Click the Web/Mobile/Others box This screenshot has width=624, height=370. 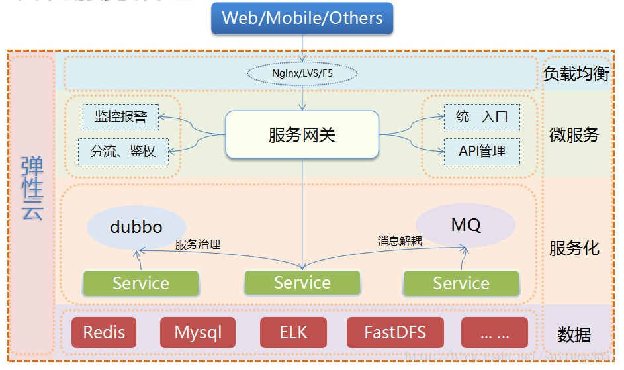click(x=302, y=18)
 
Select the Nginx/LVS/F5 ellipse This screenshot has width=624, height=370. click(x=302, y=73)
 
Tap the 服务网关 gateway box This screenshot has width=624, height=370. click(x=302, y=135)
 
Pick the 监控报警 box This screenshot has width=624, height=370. click(x=120, y=117)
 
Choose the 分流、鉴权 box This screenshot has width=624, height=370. click(x=123, y=151)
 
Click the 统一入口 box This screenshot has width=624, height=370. click(x=482, y=117)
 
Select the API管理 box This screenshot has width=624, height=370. click(x=482, y=151)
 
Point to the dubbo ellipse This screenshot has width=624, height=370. click(x=136, y=227)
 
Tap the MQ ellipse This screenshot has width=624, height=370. click(x=466, y=224)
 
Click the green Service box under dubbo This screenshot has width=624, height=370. click(x=141, y=283)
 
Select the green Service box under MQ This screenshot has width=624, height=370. click(x=461, y=283)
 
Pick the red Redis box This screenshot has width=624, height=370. click(x=104, y=332)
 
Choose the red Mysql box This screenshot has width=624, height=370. click(x=198, y=332)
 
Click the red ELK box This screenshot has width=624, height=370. click(x=294, y=332)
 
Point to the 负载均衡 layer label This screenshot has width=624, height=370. click(x=576, y=73)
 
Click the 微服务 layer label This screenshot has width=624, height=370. click(x=574, y=135)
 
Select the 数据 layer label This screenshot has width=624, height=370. click(x=574, y=335)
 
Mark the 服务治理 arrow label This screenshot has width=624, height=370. click(x=198, y=244)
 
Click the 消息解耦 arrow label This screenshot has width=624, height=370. click(x=400, y=241)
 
